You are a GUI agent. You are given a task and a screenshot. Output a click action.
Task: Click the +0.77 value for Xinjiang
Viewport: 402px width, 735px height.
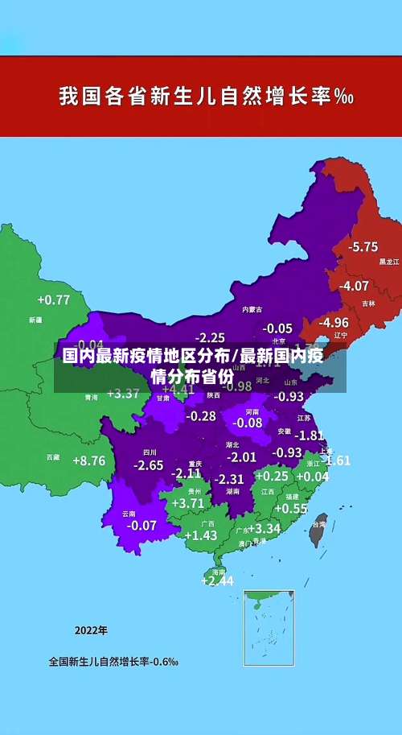coord(53,300)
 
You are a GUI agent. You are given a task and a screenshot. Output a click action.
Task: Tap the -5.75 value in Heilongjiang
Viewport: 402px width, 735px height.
coord(363,246)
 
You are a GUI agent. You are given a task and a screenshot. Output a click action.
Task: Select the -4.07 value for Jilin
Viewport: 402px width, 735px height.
coord(354,286)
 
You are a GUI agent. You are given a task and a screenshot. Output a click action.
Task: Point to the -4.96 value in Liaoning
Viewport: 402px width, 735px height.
coord(334,322)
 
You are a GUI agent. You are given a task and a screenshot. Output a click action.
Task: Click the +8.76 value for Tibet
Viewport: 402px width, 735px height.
coord(88,461)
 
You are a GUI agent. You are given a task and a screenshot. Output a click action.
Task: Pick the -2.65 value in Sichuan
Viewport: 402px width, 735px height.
coord(148,465)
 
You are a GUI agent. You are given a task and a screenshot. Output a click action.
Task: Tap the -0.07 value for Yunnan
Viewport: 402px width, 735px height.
coord(142,526)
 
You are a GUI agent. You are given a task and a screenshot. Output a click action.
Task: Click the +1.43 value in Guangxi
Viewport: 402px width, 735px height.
coord(200,535)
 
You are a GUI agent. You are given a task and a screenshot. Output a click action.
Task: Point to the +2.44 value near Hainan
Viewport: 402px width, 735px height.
coord(217,580)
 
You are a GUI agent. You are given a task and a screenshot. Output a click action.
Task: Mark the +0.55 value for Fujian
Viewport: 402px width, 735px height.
coord(291,509)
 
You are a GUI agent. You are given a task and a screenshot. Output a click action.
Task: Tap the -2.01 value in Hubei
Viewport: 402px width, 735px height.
coord(241,457)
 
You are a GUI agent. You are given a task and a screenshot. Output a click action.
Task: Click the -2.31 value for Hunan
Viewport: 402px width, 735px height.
coord(228,478)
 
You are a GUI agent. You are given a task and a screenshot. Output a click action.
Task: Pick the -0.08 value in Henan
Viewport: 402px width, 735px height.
coord(248,423)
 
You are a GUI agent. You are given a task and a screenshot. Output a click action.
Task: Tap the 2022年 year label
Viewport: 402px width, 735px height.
coord(91,630)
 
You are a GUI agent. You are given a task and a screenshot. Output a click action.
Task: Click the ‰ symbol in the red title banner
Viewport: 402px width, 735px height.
coord(344,97)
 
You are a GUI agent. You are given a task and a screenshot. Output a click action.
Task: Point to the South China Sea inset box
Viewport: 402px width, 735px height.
coord(269,628)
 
